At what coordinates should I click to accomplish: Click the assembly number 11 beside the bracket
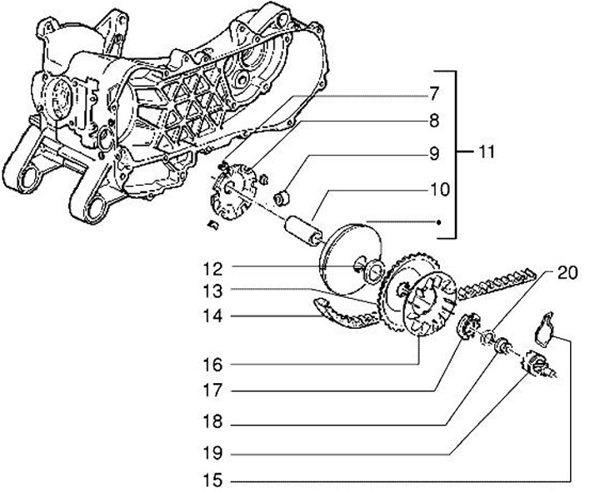click(487, 152)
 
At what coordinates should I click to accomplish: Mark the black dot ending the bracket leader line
click(438, 221)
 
